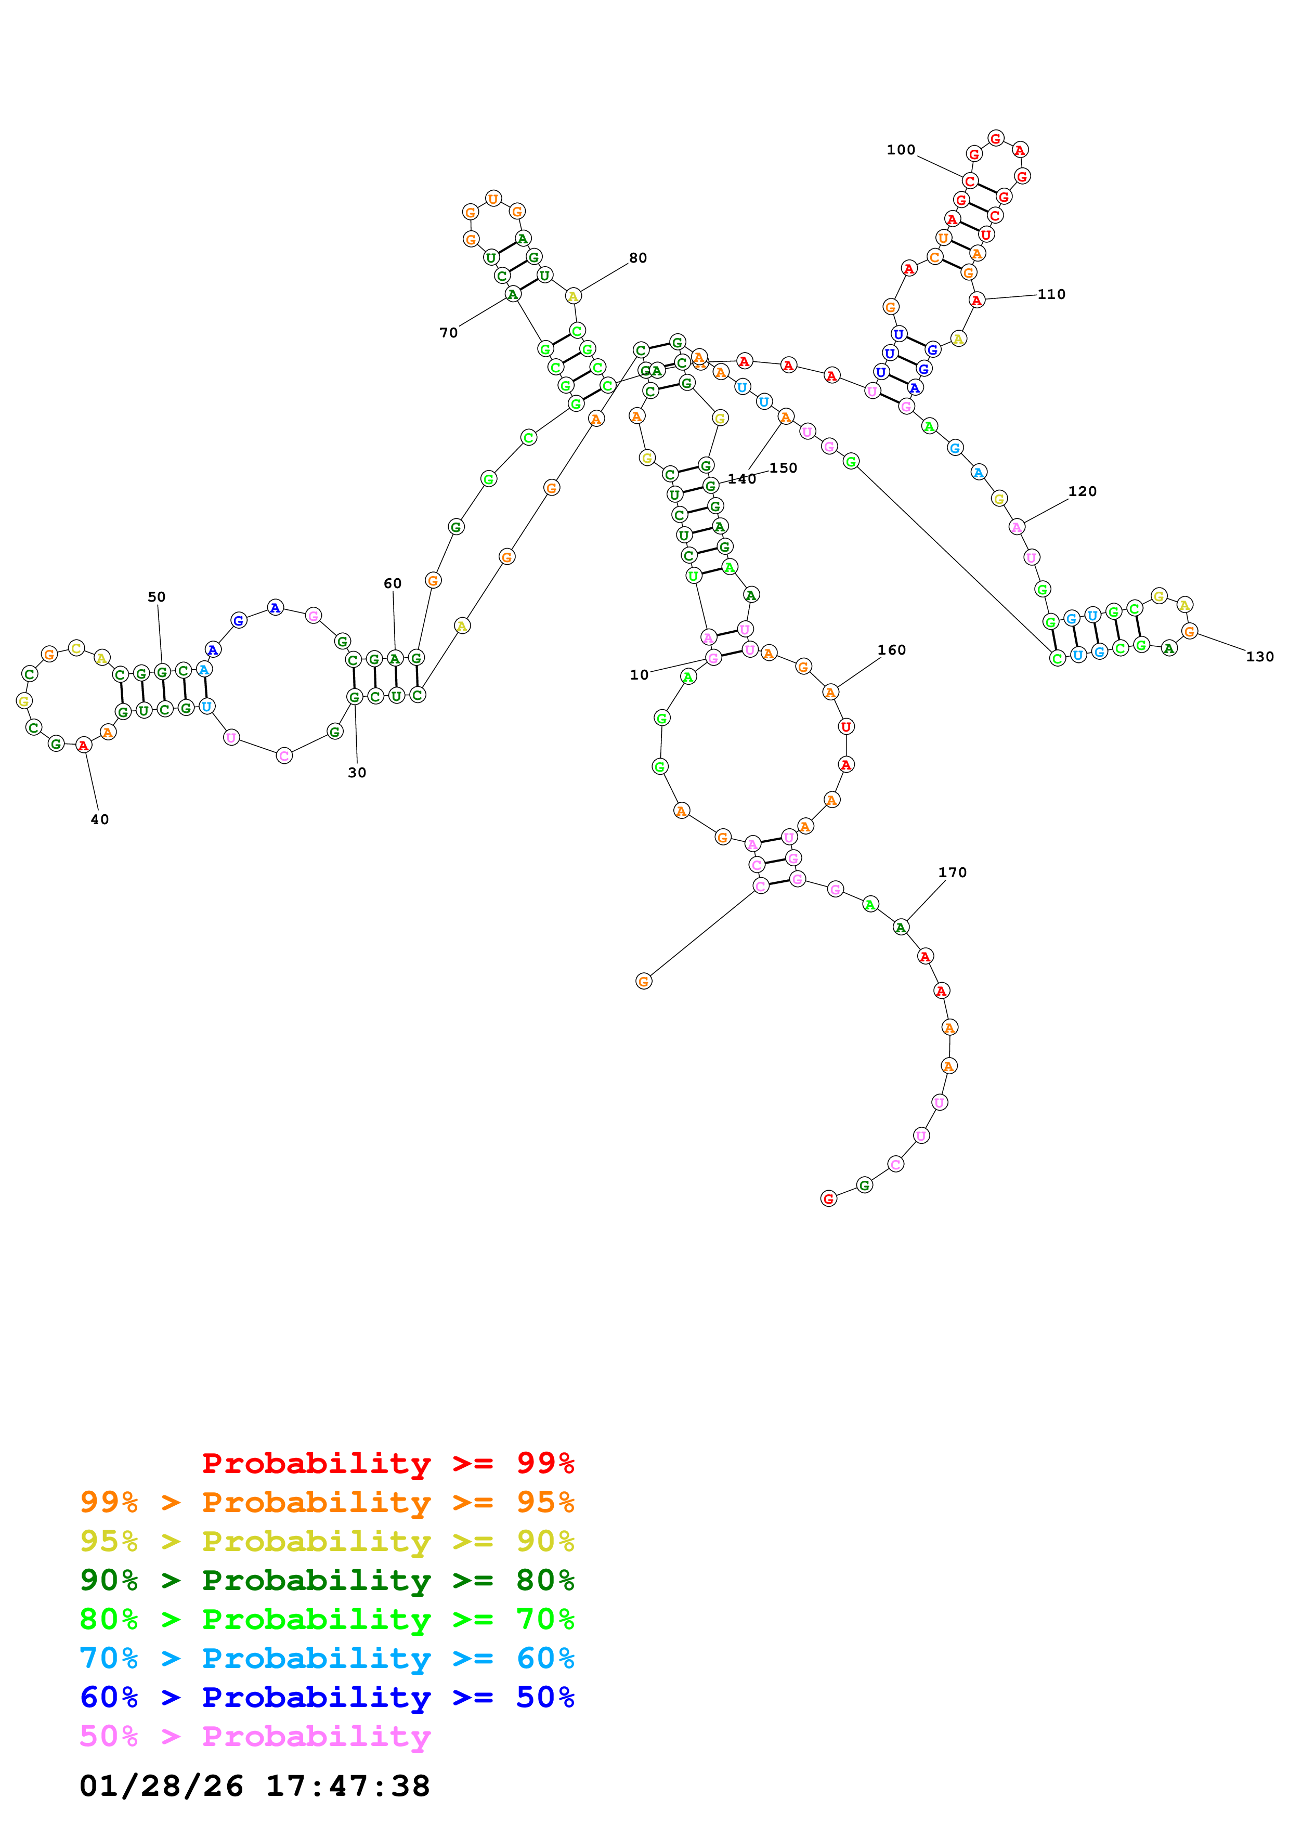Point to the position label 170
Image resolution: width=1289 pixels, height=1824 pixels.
[952, 872]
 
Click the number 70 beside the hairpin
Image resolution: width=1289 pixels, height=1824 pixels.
[449, 333]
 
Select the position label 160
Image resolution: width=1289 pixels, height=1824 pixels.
[891, 650]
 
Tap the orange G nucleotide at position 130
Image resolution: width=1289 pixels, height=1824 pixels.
[1189, 632]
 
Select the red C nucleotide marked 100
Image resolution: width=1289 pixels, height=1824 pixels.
[970, 181]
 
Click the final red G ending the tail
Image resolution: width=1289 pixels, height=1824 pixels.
[828, 1199]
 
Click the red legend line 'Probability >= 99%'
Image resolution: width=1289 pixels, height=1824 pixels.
[387, 1463]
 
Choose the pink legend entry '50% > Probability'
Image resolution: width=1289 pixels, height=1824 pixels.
[255, 1737]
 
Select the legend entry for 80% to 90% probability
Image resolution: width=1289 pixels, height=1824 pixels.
[327, 1580]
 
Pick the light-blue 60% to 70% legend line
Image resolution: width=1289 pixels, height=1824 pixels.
[327, 1659]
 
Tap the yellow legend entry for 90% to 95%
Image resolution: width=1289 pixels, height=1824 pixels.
[327, 1541]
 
